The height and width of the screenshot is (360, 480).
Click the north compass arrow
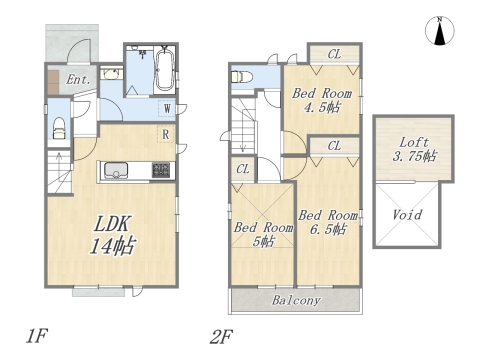pos(438,32)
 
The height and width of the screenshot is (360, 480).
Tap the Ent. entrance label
pos(79,79)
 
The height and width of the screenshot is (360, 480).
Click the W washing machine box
pos(166,109)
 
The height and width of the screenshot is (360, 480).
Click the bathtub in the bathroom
pos(164,70)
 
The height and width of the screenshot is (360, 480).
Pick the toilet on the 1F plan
pos(60,126)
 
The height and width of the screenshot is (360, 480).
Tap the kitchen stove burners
pos(161,170)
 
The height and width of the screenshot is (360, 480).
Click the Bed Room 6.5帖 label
pos(328,222)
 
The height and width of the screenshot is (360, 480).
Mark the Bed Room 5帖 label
pos(263,234)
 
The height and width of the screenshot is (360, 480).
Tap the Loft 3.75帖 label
pos(413,149)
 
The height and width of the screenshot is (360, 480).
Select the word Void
pos(406,215)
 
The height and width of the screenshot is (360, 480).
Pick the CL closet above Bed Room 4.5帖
pos(334,56)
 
